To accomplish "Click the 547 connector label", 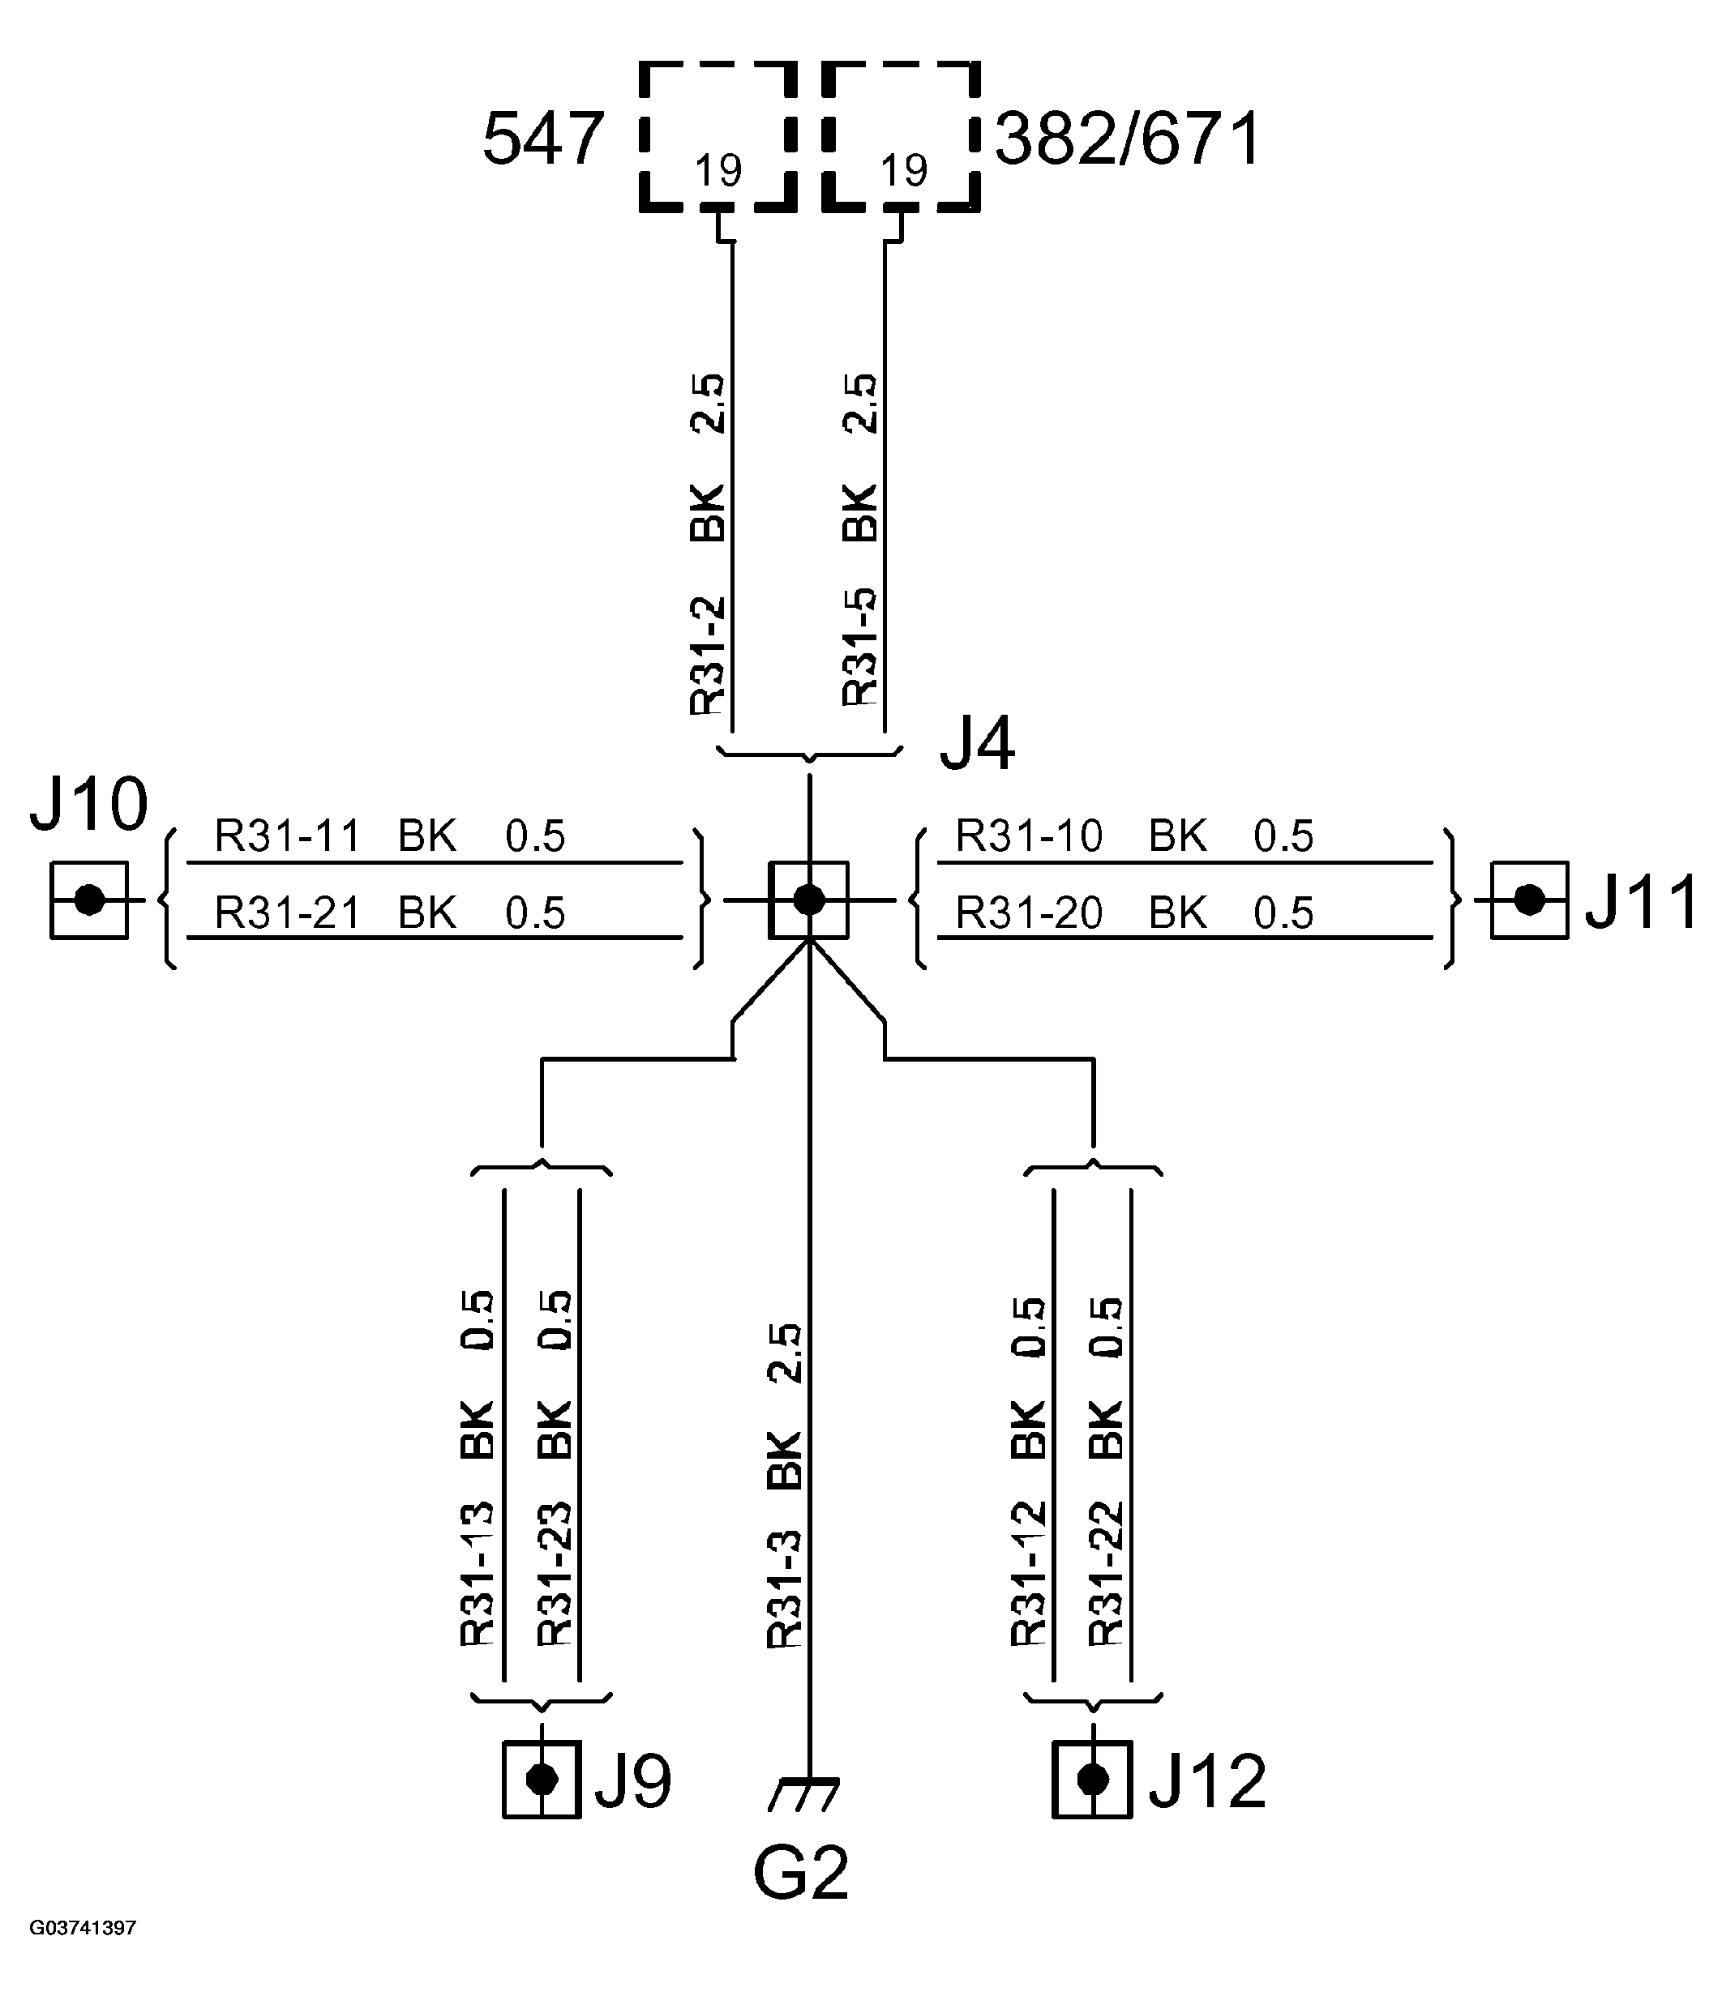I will pyautogui.click(x=542, y=139).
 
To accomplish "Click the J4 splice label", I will pyautogui.click(x=977, y=744).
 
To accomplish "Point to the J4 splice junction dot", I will pyautogui.click(x=808, y=900).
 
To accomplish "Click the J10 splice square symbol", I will pyautogui.click(x=88, y=900).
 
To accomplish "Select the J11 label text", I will pyautogui.click(x=1641, y=902).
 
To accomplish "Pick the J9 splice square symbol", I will pyautogui.click(x=542, y=1780).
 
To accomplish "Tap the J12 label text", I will pyautogui.click(x=1206, y=1781).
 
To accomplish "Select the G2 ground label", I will pyautogui.click(x=801, y=1873).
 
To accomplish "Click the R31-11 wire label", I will pyautogui.click(x=287, y=836).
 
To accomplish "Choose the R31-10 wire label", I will pyautogui.click(x=1028, y=836).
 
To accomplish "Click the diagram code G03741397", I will pyautogui.click(x=83, y=1955).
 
